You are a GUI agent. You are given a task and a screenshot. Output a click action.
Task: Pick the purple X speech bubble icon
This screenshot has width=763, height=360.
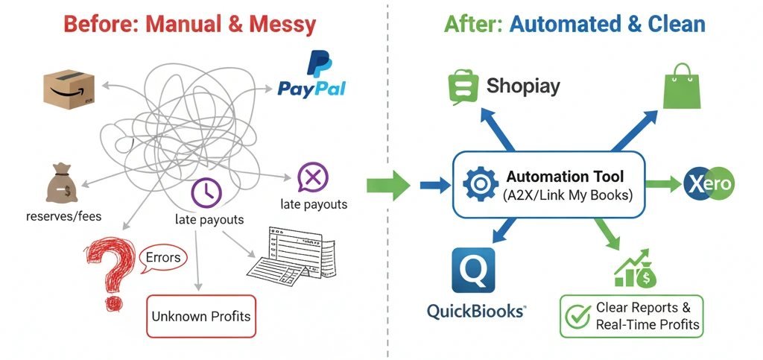click(x=312, y=177)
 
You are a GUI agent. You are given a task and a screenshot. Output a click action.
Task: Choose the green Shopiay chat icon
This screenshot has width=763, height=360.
click(x=463, y=87)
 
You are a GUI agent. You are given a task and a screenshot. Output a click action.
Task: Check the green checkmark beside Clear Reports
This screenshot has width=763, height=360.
click(x=577, y=316)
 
